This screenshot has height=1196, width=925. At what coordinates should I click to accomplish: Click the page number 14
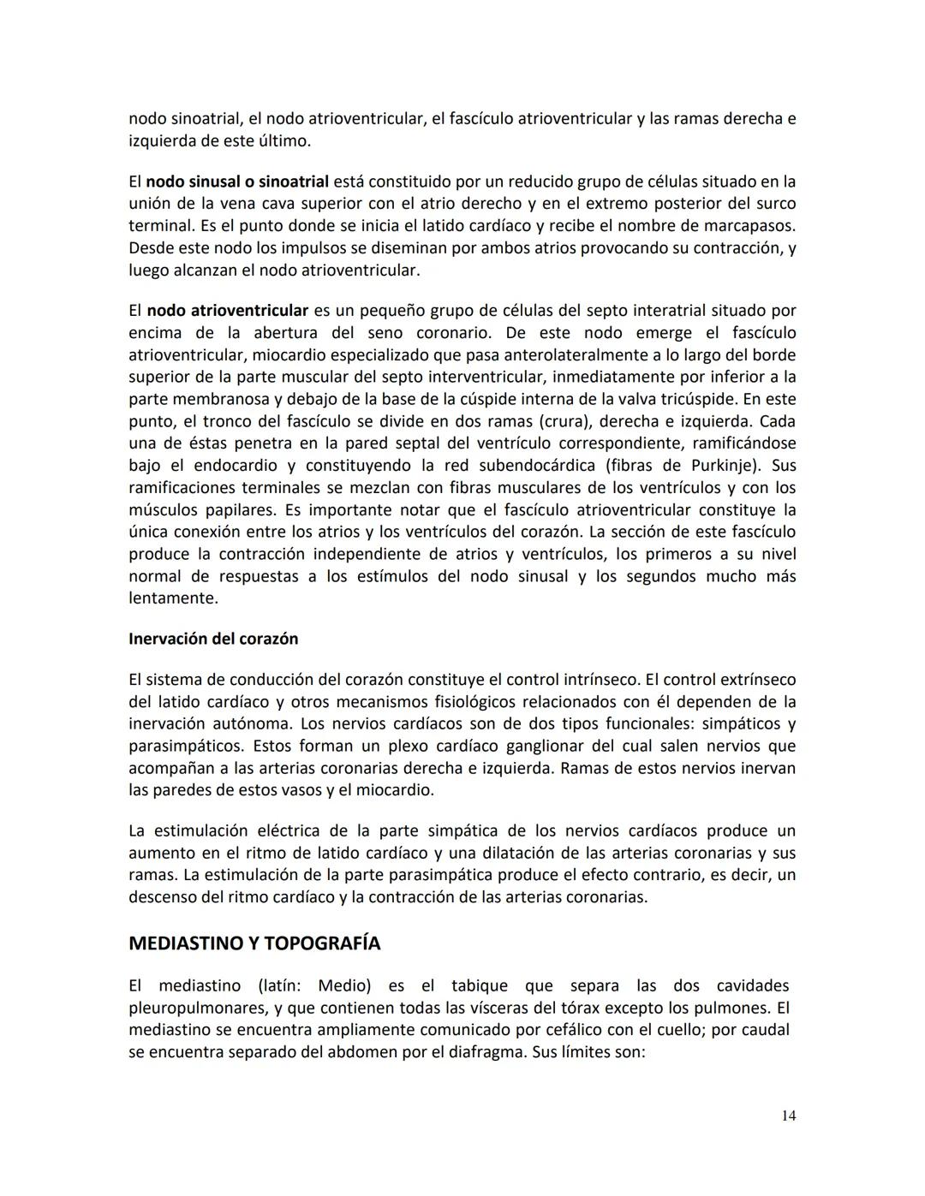click(788, 1116)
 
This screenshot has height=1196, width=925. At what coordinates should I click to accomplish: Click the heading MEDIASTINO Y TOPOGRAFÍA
click(254, 943)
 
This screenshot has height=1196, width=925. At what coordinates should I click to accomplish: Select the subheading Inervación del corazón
click(213, 639)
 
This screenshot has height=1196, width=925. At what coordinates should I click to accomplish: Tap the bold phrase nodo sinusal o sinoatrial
click(237, 181)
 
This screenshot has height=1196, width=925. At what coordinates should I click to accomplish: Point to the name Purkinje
click(726, 466)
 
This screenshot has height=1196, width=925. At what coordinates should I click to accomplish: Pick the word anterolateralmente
click(505, 354)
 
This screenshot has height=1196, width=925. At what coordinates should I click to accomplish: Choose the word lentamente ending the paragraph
click(172, 598)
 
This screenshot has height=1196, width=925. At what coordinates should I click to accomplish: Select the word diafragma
click(480, 1052)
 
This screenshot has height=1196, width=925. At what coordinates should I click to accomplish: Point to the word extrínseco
click(755, 680)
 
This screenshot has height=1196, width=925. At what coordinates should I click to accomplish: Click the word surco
click(775, 204)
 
